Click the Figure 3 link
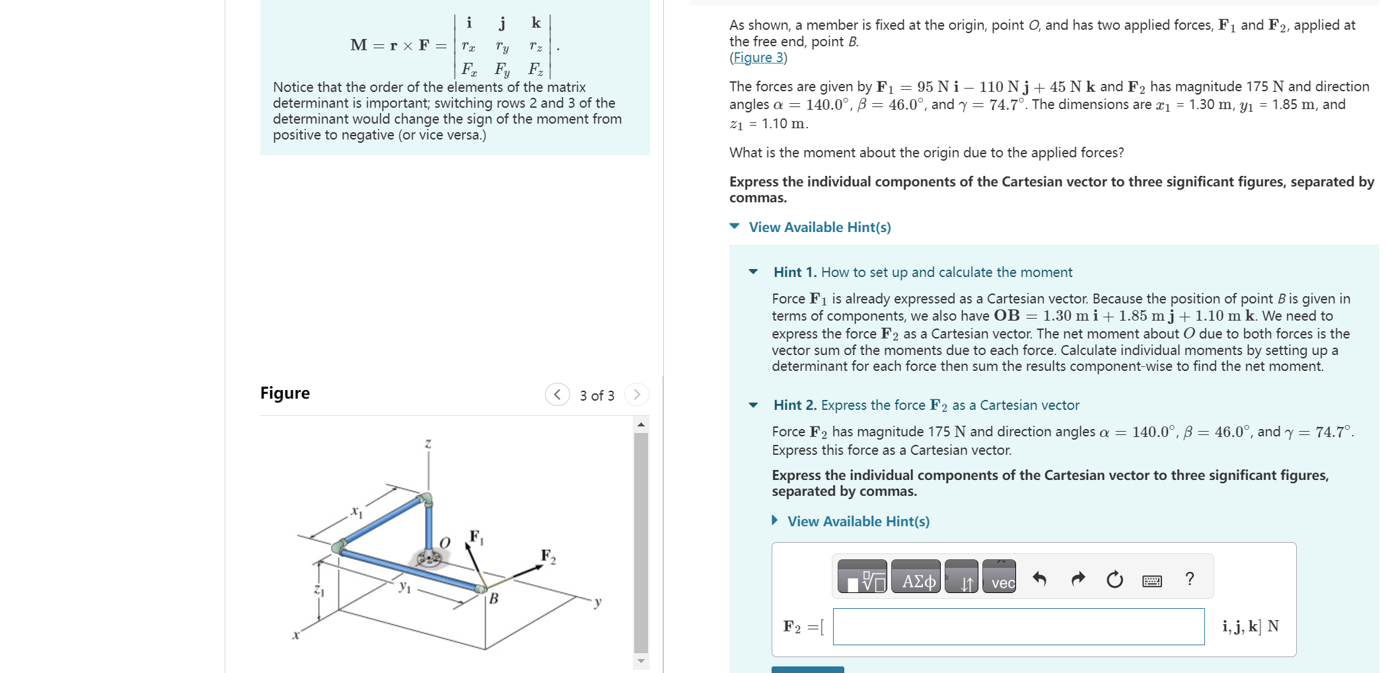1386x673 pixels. [758, 58]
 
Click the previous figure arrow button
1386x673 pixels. [557, 395]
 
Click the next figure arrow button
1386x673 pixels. [637, 395]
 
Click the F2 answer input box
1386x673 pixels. [1018, 626]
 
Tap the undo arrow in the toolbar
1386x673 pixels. [1040, 579]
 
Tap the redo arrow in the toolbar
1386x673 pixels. [1077, 579]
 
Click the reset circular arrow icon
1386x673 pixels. [1114, 580]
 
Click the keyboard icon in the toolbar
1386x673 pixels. [1152, 580]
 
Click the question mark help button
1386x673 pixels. [1190, 579]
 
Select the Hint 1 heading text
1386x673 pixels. [922, 272]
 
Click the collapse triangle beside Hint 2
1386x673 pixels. [753, 405]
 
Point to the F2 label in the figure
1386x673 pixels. [548, 556]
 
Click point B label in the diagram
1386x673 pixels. [493, 599]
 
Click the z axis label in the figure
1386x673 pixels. [428, 444]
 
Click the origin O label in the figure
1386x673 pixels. [445, 543]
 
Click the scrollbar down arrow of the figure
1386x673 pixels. [641, 660]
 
